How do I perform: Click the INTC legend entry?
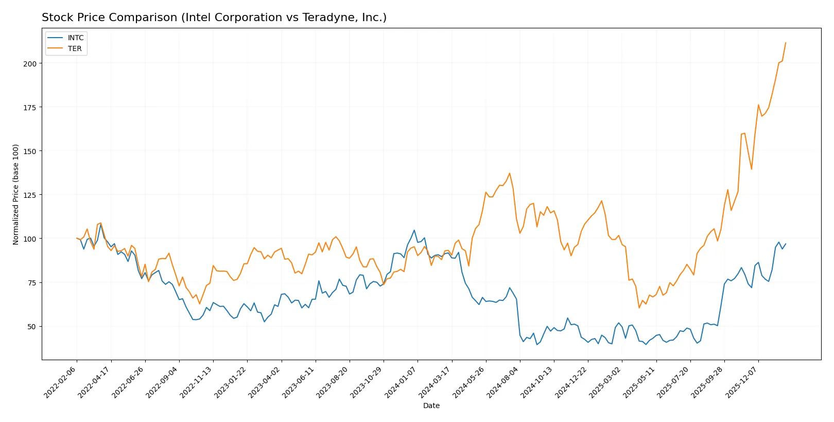point(75,38)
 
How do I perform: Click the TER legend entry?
point(74,48)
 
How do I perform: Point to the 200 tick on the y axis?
point(30,63)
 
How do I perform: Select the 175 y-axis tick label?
point(30,107)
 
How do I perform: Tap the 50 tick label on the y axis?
point(31,326)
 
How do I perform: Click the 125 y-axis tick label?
point(30,195)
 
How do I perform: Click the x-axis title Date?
point(431,406)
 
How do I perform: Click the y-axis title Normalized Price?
point(15,194)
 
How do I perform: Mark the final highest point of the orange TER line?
point(786,43)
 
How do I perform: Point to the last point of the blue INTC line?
point(786,244)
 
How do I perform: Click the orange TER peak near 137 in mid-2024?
point(510,173)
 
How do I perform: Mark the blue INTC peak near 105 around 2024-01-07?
point(414,230)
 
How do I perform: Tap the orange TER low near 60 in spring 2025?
point(639,308)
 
